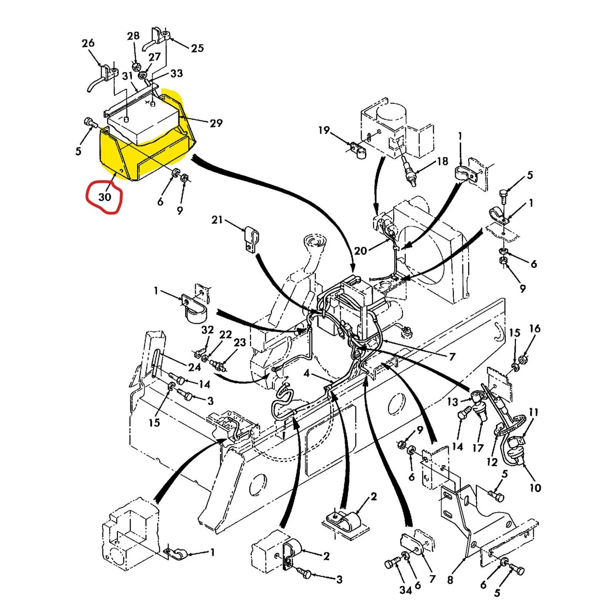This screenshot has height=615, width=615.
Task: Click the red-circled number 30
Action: (105, 197)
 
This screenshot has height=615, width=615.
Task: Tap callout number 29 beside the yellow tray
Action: (216, 123)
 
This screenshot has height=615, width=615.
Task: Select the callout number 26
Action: (88, 43)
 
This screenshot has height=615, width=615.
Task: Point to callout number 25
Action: (197, 48)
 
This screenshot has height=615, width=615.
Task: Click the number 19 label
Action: (324, 130)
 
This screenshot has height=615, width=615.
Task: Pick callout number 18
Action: (442, 161)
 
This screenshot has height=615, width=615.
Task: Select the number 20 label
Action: (360, 251)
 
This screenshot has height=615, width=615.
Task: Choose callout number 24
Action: (194, 367)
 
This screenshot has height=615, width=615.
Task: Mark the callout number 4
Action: (306, 373)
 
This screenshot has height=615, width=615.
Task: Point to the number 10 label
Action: (535, 488)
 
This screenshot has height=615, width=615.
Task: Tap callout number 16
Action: (535, 329)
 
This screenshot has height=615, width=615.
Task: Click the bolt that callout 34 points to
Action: (392, 564)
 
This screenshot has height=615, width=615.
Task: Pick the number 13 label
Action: (452, 402)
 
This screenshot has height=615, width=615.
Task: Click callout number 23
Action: (239, 342)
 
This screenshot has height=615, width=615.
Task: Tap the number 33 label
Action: (176, 73)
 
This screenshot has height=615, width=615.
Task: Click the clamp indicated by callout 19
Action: (358, 150)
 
